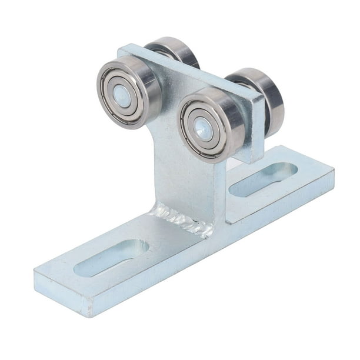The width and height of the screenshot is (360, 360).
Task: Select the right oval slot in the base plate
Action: [263, 179]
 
